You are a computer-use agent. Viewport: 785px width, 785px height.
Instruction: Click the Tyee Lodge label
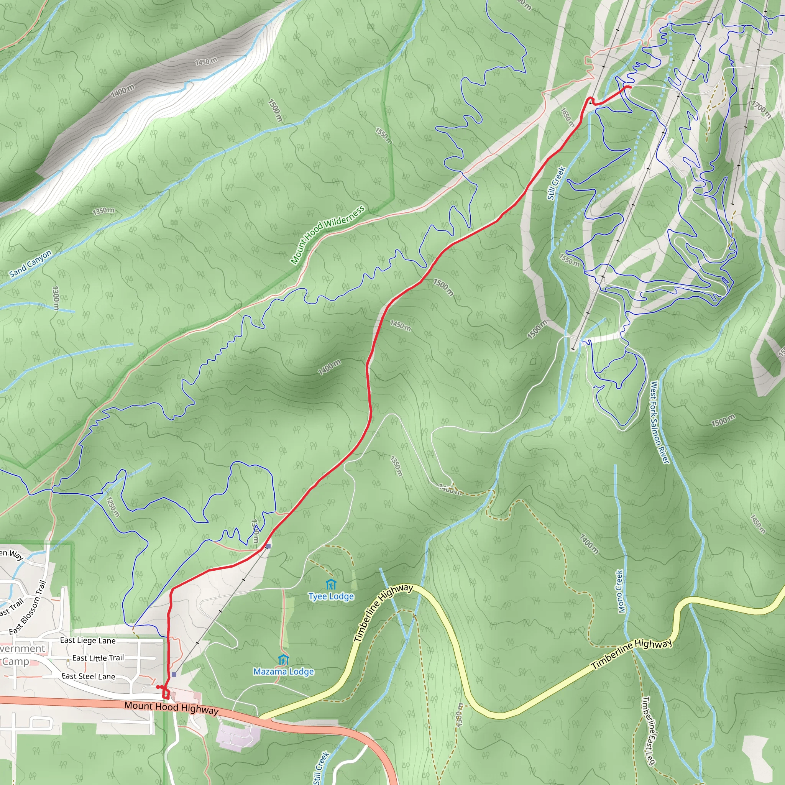coord(331,596)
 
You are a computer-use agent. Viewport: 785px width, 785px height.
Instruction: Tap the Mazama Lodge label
coord(284,672)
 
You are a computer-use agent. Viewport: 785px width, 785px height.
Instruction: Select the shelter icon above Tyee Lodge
coord(331,584)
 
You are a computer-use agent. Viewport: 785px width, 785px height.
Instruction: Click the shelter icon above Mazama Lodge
coord(283,659)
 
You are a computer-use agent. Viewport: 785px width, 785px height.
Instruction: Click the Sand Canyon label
coord(31,264)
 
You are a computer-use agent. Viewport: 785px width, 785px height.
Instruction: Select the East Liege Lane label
coord(88,641)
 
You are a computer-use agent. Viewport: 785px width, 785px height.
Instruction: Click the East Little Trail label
coord(98,658)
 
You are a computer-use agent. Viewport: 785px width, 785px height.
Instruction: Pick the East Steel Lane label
coord(89,676)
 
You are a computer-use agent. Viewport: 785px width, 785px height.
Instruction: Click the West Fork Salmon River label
coord(659,422)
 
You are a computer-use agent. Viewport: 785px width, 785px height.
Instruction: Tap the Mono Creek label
coord(620,591)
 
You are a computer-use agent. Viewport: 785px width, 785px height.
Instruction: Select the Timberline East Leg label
coord(649,731)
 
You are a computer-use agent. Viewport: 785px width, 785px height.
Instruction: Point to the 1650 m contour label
coord(567,117)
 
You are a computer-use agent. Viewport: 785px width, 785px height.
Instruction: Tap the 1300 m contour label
coord(56,298)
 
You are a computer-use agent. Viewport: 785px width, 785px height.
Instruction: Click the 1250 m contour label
coord(113,507)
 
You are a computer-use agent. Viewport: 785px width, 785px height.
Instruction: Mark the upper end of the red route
coord(630,87)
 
